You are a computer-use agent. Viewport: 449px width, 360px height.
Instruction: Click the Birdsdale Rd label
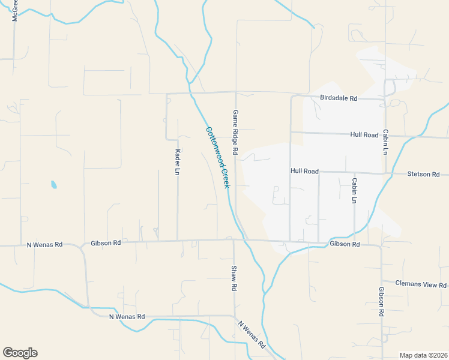[339, 98]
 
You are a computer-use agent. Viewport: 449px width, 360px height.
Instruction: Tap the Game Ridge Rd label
[236, 130]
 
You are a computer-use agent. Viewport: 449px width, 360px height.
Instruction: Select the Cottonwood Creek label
[218, 157]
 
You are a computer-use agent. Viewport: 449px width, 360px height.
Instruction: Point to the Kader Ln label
[178, 161]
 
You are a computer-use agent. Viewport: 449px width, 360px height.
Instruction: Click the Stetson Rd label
[423, 174]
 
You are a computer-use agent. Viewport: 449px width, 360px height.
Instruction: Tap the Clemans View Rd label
[421, 283]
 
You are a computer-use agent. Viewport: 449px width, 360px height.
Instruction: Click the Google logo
[20, 353]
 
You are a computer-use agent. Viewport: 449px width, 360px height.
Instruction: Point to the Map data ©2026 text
[423, 355]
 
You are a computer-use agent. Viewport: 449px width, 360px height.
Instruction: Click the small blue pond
[54, 185]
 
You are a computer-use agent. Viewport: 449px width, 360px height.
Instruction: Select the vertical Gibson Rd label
[381, 302]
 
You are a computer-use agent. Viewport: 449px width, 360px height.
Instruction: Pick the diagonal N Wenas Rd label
[252, 334]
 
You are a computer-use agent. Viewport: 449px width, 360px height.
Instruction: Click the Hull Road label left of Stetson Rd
[304, 171]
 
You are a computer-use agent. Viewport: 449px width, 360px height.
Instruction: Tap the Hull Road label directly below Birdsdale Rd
[364, 135]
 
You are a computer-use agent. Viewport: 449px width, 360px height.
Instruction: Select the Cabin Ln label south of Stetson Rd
[355, 190]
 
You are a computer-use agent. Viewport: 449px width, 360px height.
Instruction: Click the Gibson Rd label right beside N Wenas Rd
[106, 243]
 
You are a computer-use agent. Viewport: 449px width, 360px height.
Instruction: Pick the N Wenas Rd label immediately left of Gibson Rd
[44, 245]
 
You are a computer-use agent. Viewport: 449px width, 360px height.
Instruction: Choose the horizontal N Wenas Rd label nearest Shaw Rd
[127, 316]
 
